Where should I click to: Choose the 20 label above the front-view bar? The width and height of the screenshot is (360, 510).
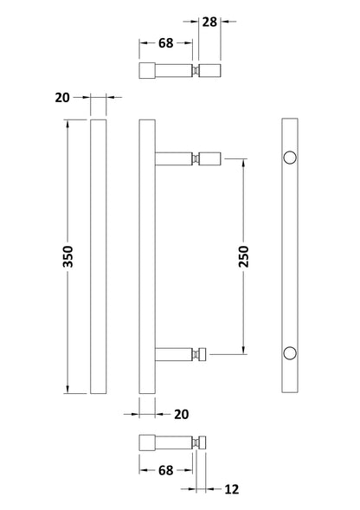pos(61,99)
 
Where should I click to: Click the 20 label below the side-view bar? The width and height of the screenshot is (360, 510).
pos(181,414)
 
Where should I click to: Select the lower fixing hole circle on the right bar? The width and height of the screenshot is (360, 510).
pos(291,352)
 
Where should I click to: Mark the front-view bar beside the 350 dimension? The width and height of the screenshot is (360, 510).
pos(98,256)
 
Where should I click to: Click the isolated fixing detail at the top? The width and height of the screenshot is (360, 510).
pos(178,70)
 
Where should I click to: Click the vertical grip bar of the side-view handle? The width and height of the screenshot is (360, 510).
pos(147,256)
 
